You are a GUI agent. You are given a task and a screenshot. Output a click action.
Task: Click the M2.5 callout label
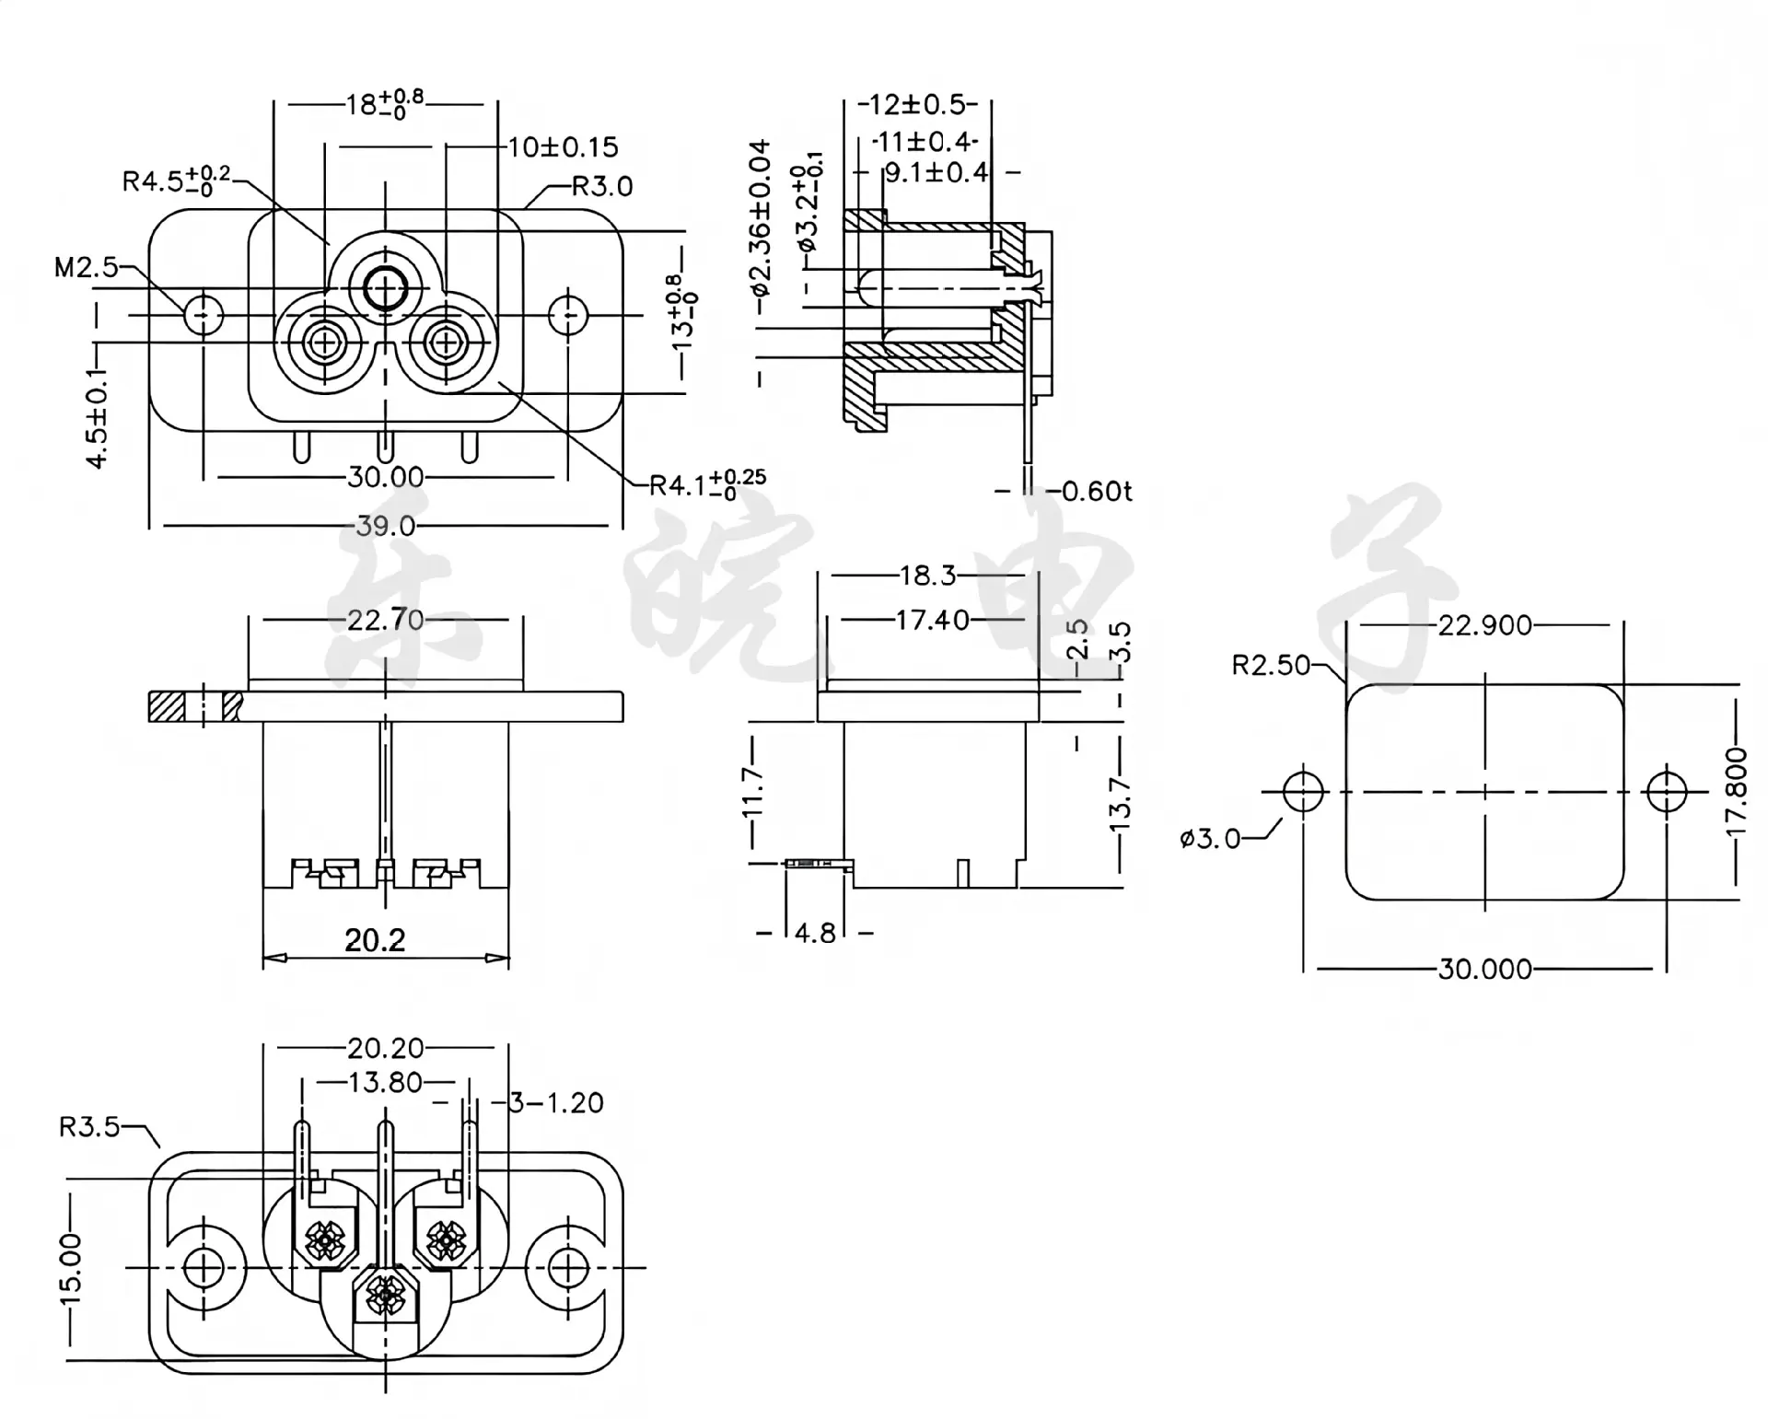[86, 268]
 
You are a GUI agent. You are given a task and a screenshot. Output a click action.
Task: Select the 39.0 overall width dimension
[386, 526]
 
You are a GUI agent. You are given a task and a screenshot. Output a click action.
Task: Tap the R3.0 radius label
[602, 186]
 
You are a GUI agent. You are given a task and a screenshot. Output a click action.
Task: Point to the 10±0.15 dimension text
[564, 147]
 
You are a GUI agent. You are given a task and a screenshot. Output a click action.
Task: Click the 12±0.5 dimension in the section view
[918, 104]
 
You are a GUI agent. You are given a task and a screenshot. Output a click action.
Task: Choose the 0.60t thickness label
[1097, 491]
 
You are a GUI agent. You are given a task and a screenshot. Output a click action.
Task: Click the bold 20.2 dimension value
[375, 940]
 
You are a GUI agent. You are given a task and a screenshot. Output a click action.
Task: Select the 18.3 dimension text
[927, 576]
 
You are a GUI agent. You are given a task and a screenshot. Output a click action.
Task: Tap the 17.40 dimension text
[933, 620]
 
